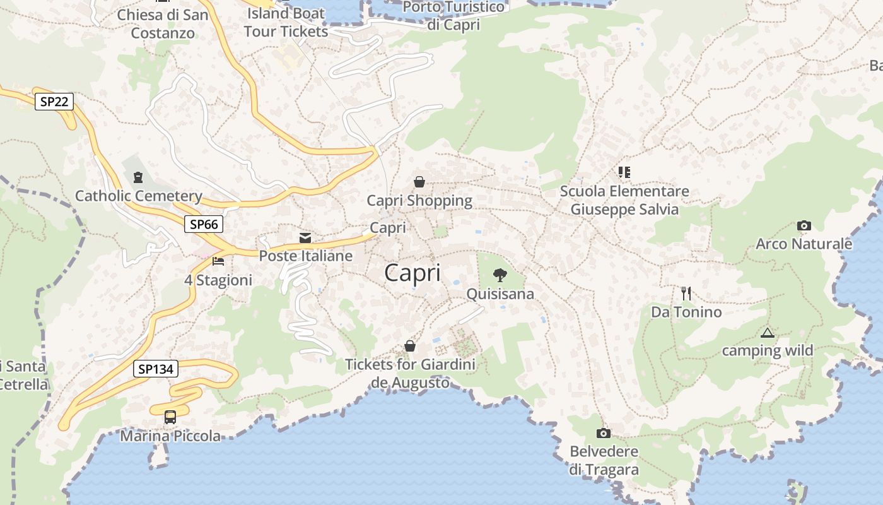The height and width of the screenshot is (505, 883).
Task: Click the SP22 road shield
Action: click(54, 102)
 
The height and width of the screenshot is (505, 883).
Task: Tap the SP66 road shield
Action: click(204, 224)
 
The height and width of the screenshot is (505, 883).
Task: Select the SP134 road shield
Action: click(155, 369)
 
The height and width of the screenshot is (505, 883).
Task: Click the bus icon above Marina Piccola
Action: click(170, 417)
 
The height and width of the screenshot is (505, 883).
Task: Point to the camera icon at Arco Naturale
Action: click(804, 225)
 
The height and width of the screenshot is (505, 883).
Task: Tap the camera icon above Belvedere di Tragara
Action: click(604, 433)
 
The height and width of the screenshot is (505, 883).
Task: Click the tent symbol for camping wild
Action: click(767, 333)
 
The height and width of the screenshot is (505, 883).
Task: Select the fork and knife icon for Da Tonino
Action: click(686, 293)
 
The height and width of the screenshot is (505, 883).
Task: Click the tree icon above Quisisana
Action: click(500, 275)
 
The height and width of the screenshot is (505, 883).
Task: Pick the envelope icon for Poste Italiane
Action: click(305, 238)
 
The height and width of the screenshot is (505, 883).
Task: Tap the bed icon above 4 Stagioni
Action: click(218, 261)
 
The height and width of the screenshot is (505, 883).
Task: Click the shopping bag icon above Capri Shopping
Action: click(419, 182)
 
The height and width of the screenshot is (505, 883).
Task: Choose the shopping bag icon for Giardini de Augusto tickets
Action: click(410, 346)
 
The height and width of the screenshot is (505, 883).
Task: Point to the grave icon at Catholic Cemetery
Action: click(138, 177)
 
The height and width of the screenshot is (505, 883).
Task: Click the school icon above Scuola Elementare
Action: click(624, 172)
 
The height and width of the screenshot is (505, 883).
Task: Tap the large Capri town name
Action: click(412, 273)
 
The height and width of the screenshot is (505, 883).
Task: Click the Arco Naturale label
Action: click(804, 244)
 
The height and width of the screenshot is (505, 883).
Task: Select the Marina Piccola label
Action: click(170, 436)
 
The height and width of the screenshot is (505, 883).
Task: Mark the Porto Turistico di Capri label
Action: click(453, 16)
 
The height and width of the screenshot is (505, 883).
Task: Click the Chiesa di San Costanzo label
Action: click(163, 23)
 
